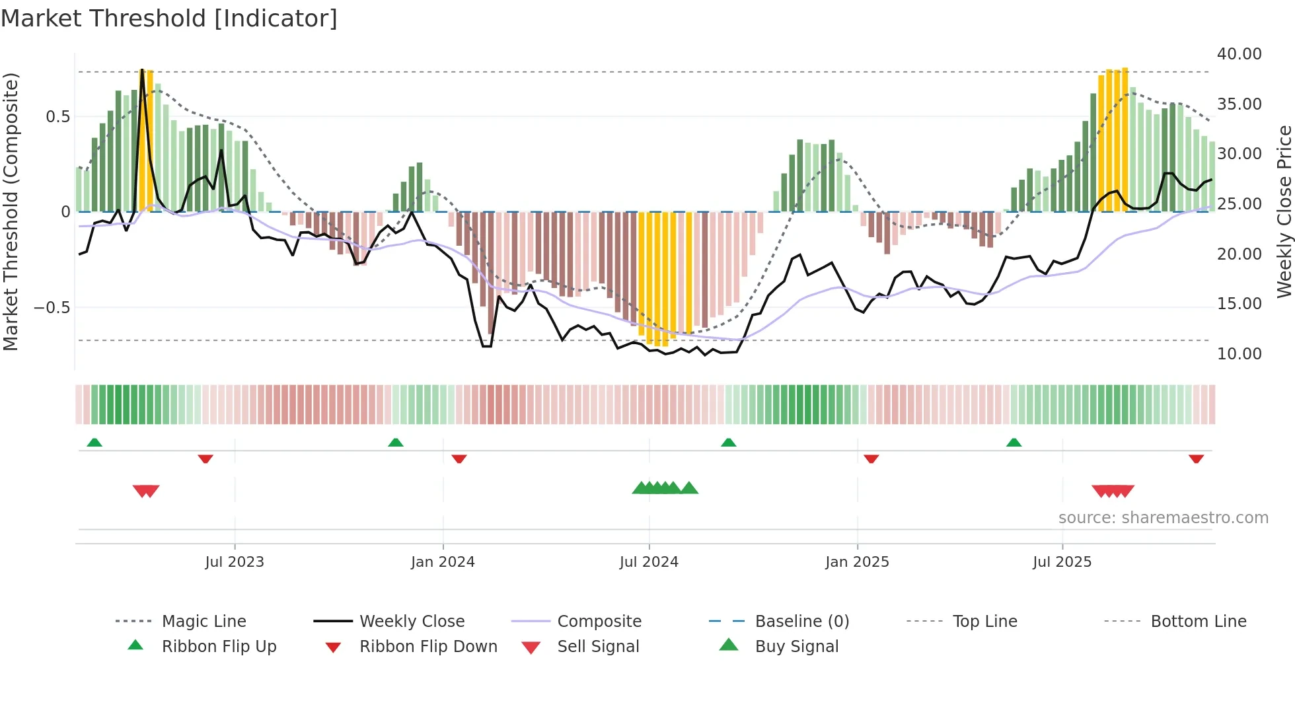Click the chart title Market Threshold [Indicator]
coord(169,18)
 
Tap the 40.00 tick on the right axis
coord(1239,54)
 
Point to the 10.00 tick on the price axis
coord(1239,354)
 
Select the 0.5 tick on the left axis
coord(57,117)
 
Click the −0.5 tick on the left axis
coord(52,308)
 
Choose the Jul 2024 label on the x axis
coord(649,562)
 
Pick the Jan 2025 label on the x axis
coord(857,562)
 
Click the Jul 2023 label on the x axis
coord(235,562)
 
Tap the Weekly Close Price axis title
coord(1284,211)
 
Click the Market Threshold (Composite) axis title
coord(11,211)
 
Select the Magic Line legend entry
coord(203,622)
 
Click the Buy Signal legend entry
coord(796,647)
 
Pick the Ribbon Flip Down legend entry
coord(427,647)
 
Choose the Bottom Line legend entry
coord(1198,622)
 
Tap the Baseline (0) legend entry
coord(801,622)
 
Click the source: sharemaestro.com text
coord(1163,518)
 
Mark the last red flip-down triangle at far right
coord(1196,458)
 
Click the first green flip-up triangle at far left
coord(94,443)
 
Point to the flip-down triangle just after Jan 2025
coord(871,458)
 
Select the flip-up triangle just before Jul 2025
coord(1014,443)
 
